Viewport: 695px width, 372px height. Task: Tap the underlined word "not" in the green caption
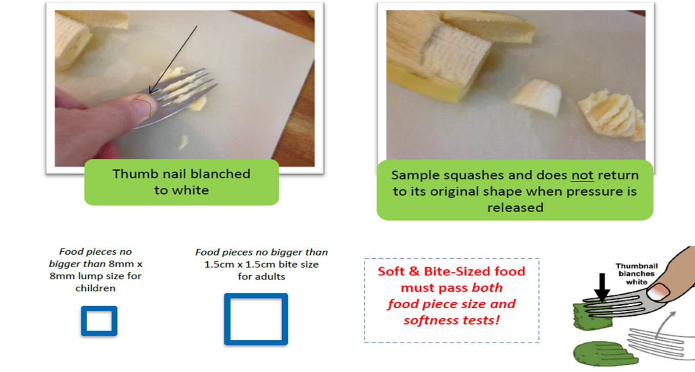[582, 176]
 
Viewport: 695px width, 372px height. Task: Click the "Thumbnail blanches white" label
[637, 274]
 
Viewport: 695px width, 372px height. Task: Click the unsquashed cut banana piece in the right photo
[536, 97]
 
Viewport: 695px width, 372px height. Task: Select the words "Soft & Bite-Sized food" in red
[451, 272]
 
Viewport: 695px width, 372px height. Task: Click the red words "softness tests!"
[451, 321]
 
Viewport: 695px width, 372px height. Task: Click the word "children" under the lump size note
[95, 288]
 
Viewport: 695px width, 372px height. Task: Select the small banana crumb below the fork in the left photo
[183, 142]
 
